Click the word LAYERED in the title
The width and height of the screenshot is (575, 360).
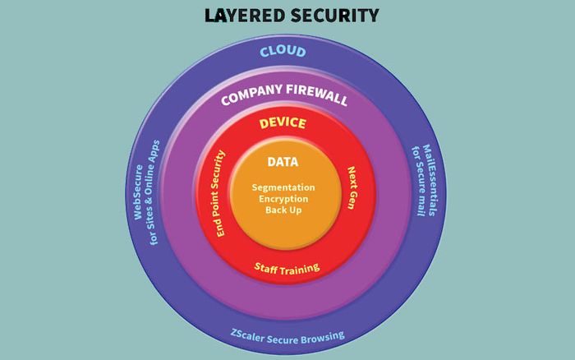[245, 16]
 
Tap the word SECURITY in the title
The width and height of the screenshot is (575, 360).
[335, 16]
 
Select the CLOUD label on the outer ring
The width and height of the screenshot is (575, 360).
[283, 52]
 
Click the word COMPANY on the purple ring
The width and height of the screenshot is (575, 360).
[251, 94]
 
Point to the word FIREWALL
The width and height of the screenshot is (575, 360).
[317, 94]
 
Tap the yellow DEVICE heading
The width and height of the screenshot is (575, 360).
[283, 123]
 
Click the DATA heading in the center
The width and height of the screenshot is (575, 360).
[283, 162]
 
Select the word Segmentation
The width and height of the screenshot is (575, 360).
[283, 187]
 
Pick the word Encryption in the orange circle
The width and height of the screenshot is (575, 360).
[283, 199]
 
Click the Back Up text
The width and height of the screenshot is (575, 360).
[283, 210]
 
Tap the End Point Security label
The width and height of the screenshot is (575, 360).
[218, 193]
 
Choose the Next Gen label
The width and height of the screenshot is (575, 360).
[352, 188]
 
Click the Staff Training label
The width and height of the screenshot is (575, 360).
[287, 269]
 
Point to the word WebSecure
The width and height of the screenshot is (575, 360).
[138, 192]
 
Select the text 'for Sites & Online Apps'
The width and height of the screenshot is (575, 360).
[154, 192]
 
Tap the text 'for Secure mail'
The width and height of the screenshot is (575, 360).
[418, 181]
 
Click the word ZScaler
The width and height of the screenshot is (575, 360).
[247, 336]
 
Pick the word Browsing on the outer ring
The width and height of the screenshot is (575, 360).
[324, 337]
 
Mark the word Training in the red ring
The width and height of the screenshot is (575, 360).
[300, 270]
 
